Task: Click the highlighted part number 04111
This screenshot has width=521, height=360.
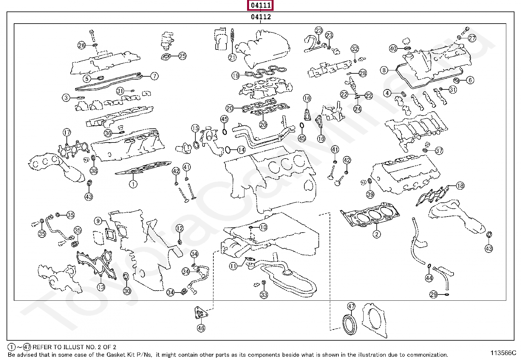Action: click(x=261, y=5)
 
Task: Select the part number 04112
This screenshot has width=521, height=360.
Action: click(x=261, y=17)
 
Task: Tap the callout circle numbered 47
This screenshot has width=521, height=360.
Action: click(x=351, y=306)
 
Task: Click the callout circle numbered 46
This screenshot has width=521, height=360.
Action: click(x=201, y=328)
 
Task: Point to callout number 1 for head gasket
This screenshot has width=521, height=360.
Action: click(x=133, y=184)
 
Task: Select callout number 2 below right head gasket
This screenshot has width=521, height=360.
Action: click(x=377, y=234)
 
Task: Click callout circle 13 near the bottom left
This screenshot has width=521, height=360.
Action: click(x=101, y=287)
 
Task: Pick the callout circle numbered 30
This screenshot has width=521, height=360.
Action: click(x=127, y=291)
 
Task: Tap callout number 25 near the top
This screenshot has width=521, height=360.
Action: click(x=182, y=56)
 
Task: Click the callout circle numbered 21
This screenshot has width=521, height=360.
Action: click(x=232, y=58)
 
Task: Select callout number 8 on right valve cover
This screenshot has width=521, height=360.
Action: click(x=384, y=70)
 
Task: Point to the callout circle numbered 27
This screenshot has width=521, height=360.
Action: click(x=472, y=38)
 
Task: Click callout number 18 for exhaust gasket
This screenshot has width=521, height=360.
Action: click(x=460, y=186)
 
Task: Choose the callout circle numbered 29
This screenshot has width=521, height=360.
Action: click(x=433, y=294)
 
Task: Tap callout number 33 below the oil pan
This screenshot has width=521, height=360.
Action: click(x=264, y=295)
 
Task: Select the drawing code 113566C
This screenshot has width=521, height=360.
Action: click(x=503, y=353)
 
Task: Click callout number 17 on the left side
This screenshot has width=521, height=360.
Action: click(x=67, y=133)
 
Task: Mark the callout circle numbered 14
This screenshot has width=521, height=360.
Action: click(x=241, y=150)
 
